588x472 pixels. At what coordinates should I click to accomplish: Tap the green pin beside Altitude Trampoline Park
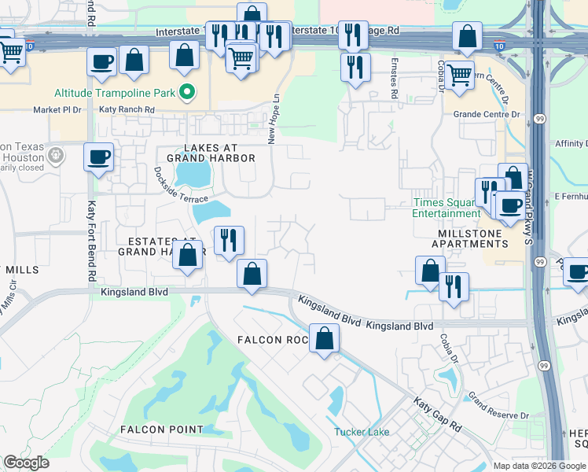[x=187, y=93]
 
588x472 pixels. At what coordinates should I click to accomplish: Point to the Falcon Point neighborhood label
[x=161, y=430]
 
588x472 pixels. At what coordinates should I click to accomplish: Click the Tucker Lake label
[x=361, y=431]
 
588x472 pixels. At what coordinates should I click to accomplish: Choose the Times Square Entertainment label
[x=446, y=208]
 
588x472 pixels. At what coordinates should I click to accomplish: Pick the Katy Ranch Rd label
[x=127, y=109]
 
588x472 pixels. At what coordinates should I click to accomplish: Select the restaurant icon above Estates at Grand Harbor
[x=230, y=239]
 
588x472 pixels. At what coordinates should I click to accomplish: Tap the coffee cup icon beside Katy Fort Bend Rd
[x=99, y=157]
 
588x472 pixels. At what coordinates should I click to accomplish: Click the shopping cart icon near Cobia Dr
[x=461, y=75]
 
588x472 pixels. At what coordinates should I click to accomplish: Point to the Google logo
[x=26, y=463]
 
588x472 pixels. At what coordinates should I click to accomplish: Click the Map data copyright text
[x=538, y=466]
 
